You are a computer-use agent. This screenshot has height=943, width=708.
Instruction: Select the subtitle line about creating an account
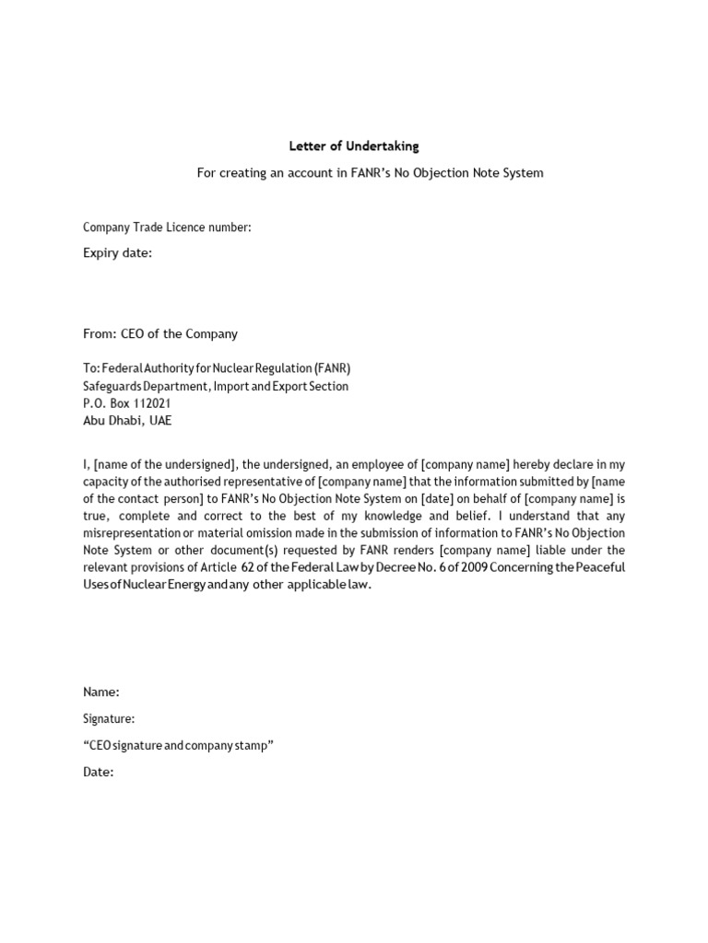370,173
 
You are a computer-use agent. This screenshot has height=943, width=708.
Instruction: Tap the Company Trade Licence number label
167,227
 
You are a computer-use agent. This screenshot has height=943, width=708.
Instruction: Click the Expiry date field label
118,253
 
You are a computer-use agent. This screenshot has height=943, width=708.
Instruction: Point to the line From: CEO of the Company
160,333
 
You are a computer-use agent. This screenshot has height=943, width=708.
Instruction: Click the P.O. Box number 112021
148,403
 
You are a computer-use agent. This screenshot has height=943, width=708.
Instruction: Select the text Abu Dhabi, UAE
127,421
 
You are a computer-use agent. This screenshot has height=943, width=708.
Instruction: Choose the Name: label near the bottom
101,692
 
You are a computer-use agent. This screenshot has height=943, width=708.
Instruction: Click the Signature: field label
109,718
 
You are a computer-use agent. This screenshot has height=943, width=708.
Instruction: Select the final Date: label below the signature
99,772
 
